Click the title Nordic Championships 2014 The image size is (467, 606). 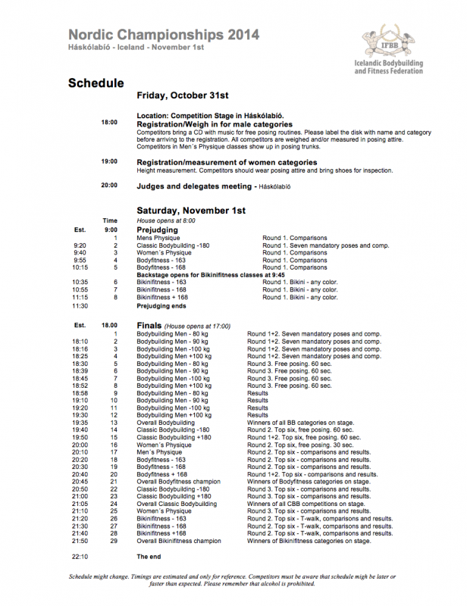(x=163, y=35)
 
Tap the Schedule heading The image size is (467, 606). (x=96, y=83)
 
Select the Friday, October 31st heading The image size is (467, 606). (x=183, y=96)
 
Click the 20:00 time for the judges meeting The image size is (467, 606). (x=109, y=185)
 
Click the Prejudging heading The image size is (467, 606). (x=157, y=229)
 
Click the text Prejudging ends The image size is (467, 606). (x=161, y=306)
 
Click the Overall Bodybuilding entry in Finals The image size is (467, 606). (x=165, y=422)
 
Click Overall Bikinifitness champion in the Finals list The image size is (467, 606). (x=179, y=541)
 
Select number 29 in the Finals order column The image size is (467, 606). (x=115, y=541)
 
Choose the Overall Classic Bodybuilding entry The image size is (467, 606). (x=176, y=503)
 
